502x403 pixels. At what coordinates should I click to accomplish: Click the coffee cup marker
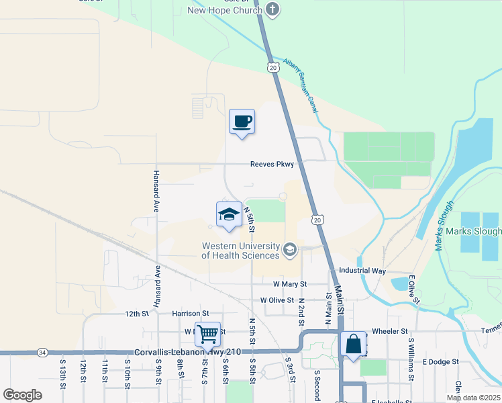pos(242,122)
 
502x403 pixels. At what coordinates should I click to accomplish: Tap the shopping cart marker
pos(207,333)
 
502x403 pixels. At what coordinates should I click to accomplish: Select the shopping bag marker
pos(353,344)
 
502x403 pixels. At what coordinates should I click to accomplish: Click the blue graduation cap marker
pos(229,214)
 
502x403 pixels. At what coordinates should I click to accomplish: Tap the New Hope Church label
pos(225,10)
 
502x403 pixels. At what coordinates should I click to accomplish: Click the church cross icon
pos(272,9)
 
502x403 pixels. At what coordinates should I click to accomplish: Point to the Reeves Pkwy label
pos(272,164)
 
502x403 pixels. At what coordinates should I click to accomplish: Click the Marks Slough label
pos(481,232)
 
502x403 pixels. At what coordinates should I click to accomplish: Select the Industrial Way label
pos(362,271)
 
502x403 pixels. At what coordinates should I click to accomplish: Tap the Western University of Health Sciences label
pos(241,251)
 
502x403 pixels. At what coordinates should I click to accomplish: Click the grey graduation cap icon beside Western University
pos(290,251)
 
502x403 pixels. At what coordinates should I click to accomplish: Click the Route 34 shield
pos(42,352)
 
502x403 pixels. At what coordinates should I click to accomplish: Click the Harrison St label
pos(191,313)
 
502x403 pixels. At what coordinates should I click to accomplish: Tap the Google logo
pos(22,395)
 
